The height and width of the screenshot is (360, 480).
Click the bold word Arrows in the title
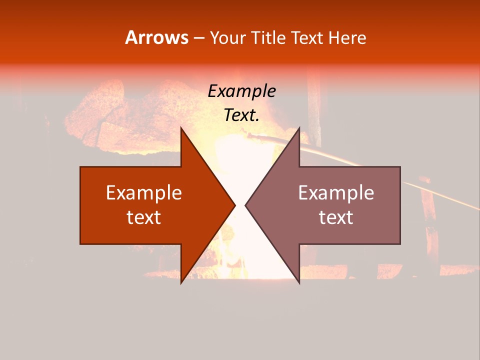click(x=157, y=37)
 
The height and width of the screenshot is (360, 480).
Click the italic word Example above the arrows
click(x=241, y=91)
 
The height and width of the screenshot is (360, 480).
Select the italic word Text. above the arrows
click(x=241, y=115)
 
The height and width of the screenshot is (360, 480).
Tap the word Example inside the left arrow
click(x=144, y=193)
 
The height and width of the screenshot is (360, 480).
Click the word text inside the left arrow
click(x=144, y=217)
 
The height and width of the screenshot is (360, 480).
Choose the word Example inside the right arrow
click(x=336, y=193)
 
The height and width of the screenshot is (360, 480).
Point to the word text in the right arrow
click(x=336, y=217)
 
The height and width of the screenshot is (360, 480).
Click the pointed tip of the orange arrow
click(x=234, y=205)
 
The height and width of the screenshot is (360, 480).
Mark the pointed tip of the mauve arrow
click(x=246, y=205)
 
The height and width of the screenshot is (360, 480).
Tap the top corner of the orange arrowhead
click(x=181, y=128)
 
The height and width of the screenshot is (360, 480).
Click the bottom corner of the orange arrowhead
click(x=181, y=282)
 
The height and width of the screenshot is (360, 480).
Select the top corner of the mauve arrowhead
click(x=299, y=128)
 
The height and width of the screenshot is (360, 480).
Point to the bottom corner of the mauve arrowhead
click(x=299, y=282)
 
